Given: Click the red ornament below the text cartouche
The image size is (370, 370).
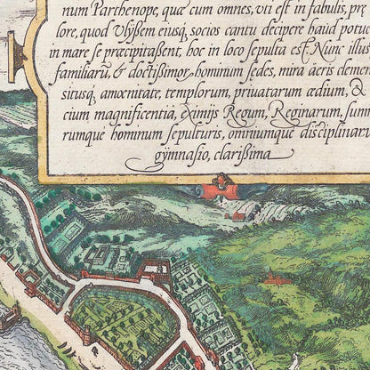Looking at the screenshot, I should (217, 189).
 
